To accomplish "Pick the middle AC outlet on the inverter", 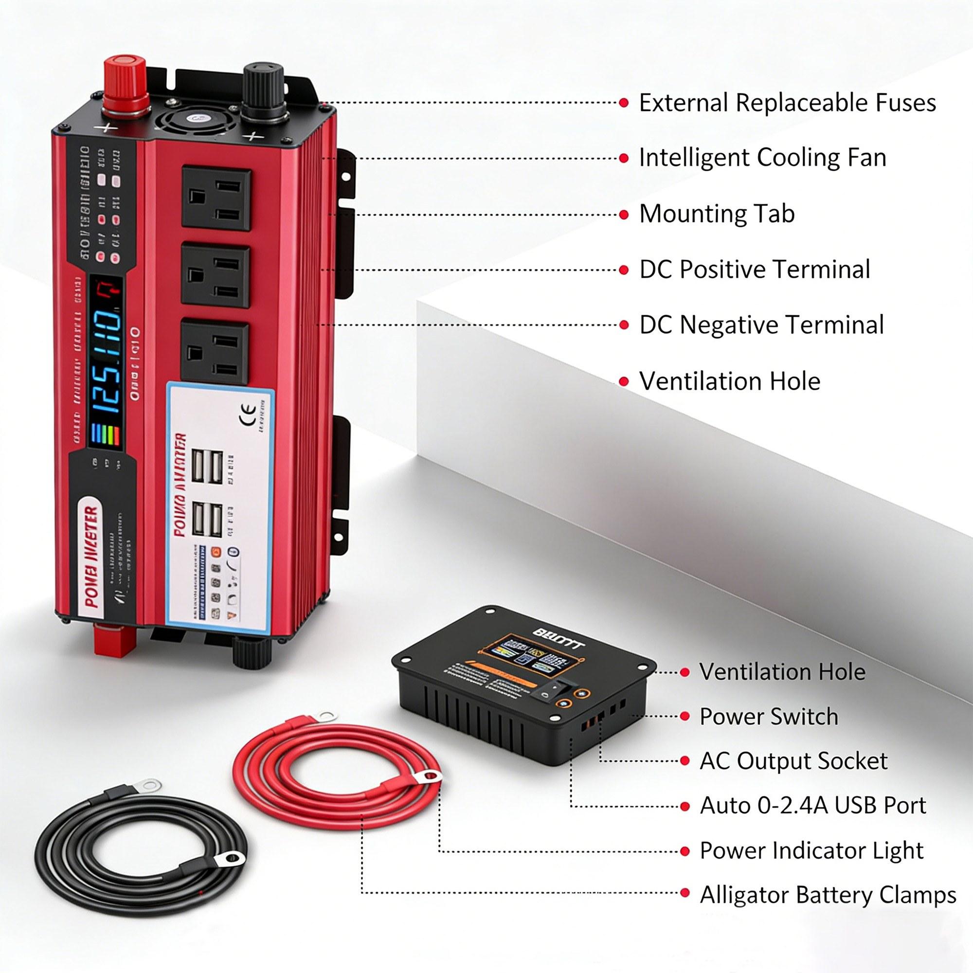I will [x=216, y=275].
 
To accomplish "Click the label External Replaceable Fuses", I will [x=787, y=103].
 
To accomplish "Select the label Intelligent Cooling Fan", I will [x=762, y=158].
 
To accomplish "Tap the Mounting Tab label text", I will [x=717, y=214].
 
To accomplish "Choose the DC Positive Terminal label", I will [x=755, y=270].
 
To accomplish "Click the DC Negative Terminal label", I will [x=761, y=325].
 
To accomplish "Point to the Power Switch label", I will [x=769, y=717].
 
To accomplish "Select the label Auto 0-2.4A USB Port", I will [x=813, y=806].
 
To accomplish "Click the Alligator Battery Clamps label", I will [x=828, y=895].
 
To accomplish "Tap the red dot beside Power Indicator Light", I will [x=685, y=850].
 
